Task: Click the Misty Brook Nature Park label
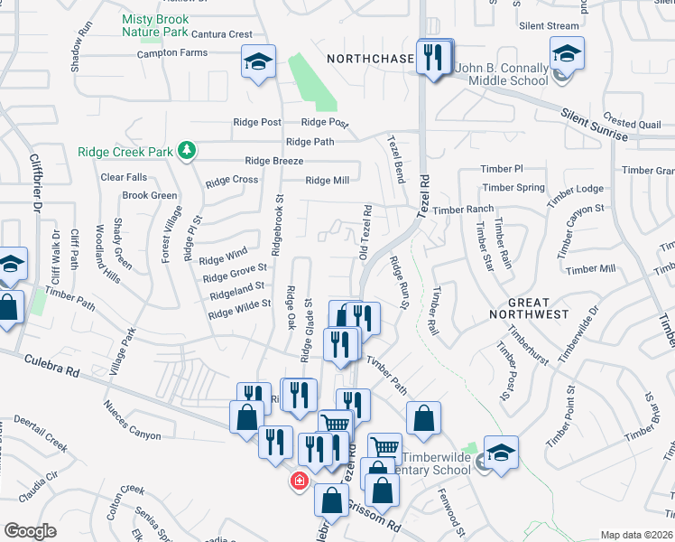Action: pos(154,25)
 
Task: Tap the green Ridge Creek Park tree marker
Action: pos(187,150)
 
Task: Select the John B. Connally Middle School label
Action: pos(503,74)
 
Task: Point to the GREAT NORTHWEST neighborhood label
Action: pos(527,307)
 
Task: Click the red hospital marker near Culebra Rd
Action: pos(298,481)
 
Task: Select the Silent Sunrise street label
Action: pos(594,126)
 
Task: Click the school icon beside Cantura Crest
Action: pos(258,62)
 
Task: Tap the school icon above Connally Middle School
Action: pos(567,52)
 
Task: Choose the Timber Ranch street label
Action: pos(463,210)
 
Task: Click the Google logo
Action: pos(30,531)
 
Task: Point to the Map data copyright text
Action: pos(636,535)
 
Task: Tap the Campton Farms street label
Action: pos(171,52)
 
